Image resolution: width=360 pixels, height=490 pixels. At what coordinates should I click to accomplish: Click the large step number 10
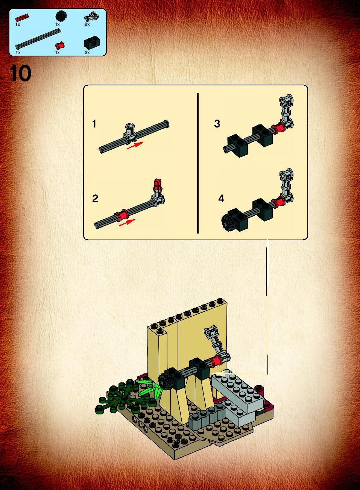(x=20, y=73)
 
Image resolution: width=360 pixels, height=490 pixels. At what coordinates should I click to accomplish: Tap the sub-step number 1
(x=94, y=124)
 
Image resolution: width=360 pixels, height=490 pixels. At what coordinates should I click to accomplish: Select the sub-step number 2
(x=95, y=199)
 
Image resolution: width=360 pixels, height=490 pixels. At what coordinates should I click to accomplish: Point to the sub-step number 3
(x=217, y=124)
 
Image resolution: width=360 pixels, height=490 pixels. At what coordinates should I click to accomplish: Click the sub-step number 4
(x=221, y=199)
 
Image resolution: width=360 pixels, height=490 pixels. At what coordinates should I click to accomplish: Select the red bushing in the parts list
(x=59, y=45)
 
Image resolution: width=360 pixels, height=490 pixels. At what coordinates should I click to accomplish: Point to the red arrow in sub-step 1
(x=135, y=145)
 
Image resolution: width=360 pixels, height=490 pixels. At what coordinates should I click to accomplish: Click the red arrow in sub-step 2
(x=127, y=222)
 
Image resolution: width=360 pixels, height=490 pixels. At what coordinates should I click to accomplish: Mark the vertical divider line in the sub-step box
(x=198, y=163)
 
